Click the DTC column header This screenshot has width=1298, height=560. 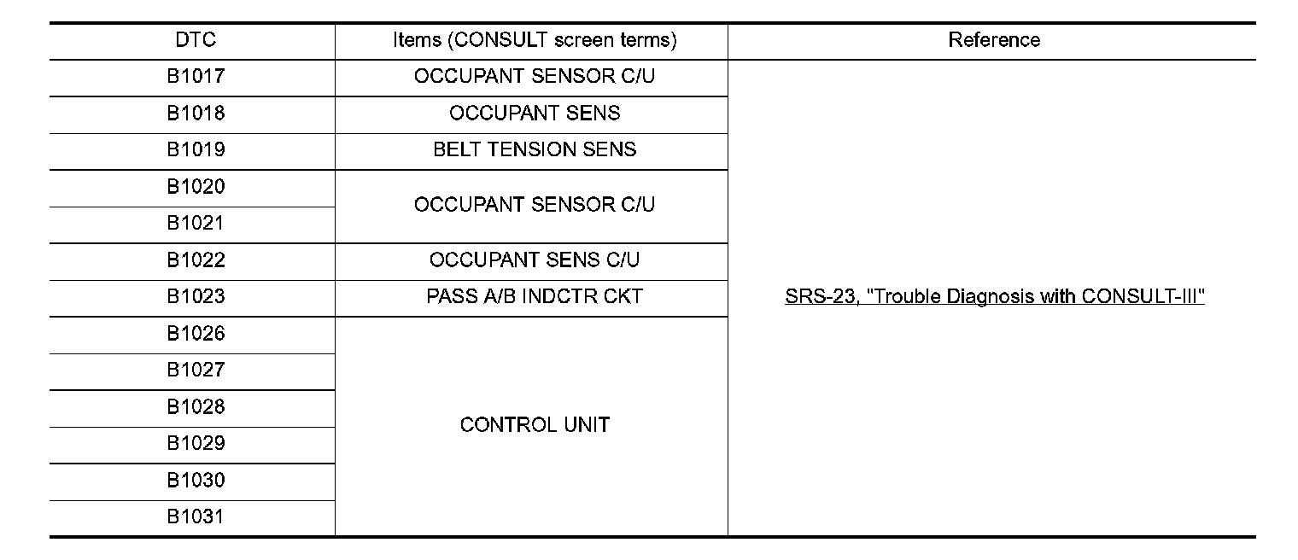pyautogui.click(x=196, y=40)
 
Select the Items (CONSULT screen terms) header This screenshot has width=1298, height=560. pyautogui.click(x=535, y=40)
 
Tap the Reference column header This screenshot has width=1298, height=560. pyautogui.click(x=994, y=40)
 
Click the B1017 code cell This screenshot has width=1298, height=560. pyautogui.click(x=196, y=76)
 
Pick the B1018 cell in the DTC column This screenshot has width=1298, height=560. pyautogui.click(x=196, y=113)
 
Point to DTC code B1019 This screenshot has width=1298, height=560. pyautogui.click(x=196, y=149)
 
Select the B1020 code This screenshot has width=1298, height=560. pyautogui.click(x=196, y=186)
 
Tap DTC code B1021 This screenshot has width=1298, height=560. pyautogui.click(x=196, y=223)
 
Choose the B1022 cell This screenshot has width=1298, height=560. pyautogui.click(x=196, y=260)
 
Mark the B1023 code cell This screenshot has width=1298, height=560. pyautogui.click(x=196, y=296)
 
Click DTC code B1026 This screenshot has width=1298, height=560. pyautogui.click(x=196, y=333)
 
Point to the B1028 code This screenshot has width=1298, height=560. pyautogui.click(x=196, y=406)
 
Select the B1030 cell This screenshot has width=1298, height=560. pyautogui.click(x=196, y=480)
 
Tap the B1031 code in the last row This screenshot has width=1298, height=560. pyautogui.click(x=196, y=516)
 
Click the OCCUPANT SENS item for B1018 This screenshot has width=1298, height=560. pyautogui.click(x=535, y=113)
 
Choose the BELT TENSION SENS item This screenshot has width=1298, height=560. pyautogui.click(x=535, y=149)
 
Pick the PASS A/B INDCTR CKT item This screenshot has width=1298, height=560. pyautogui.click(x=535, y=296)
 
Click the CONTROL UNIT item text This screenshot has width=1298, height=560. pyautogui.click(x=535, y=424)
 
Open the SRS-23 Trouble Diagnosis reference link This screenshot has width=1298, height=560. pyautogui.click(x=994, y=297)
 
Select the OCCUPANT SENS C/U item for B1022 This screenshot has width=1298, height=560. pyautogui.click(x=535, y=260)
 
